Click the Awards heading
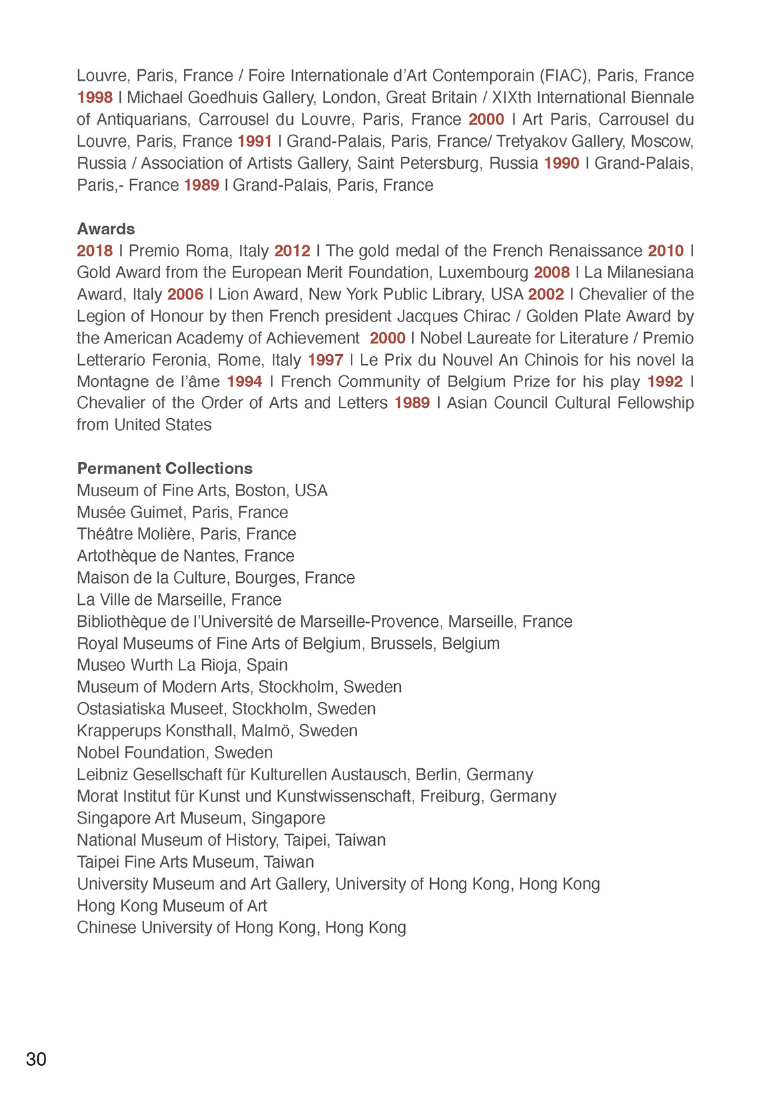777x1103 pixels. coord(106,229)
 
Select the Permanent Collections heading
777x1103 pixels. coord(165,468)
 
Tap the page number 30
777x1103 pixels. coord(36,1059)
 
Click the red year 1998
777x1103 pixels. coord(95,97)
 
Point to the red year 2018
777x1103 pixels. coord(95,251)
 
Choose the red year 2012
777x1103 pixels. coord(292,251)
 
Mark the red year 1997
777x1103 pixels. coord(325,360)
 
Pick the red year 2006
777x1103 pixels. coord(185,294)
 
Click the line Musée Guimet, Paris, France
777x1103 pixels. coord(183,512)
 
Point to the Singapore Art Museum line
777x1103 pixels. coord(201,818)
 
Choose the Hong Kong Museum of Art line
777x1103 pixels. coord(172,906)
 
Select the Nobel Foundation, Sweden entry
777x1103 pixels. coord(175,752)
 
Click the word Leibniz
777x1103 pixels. coord(102,774)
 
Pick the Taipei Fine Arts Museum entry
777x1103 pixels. coord(195,862)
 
